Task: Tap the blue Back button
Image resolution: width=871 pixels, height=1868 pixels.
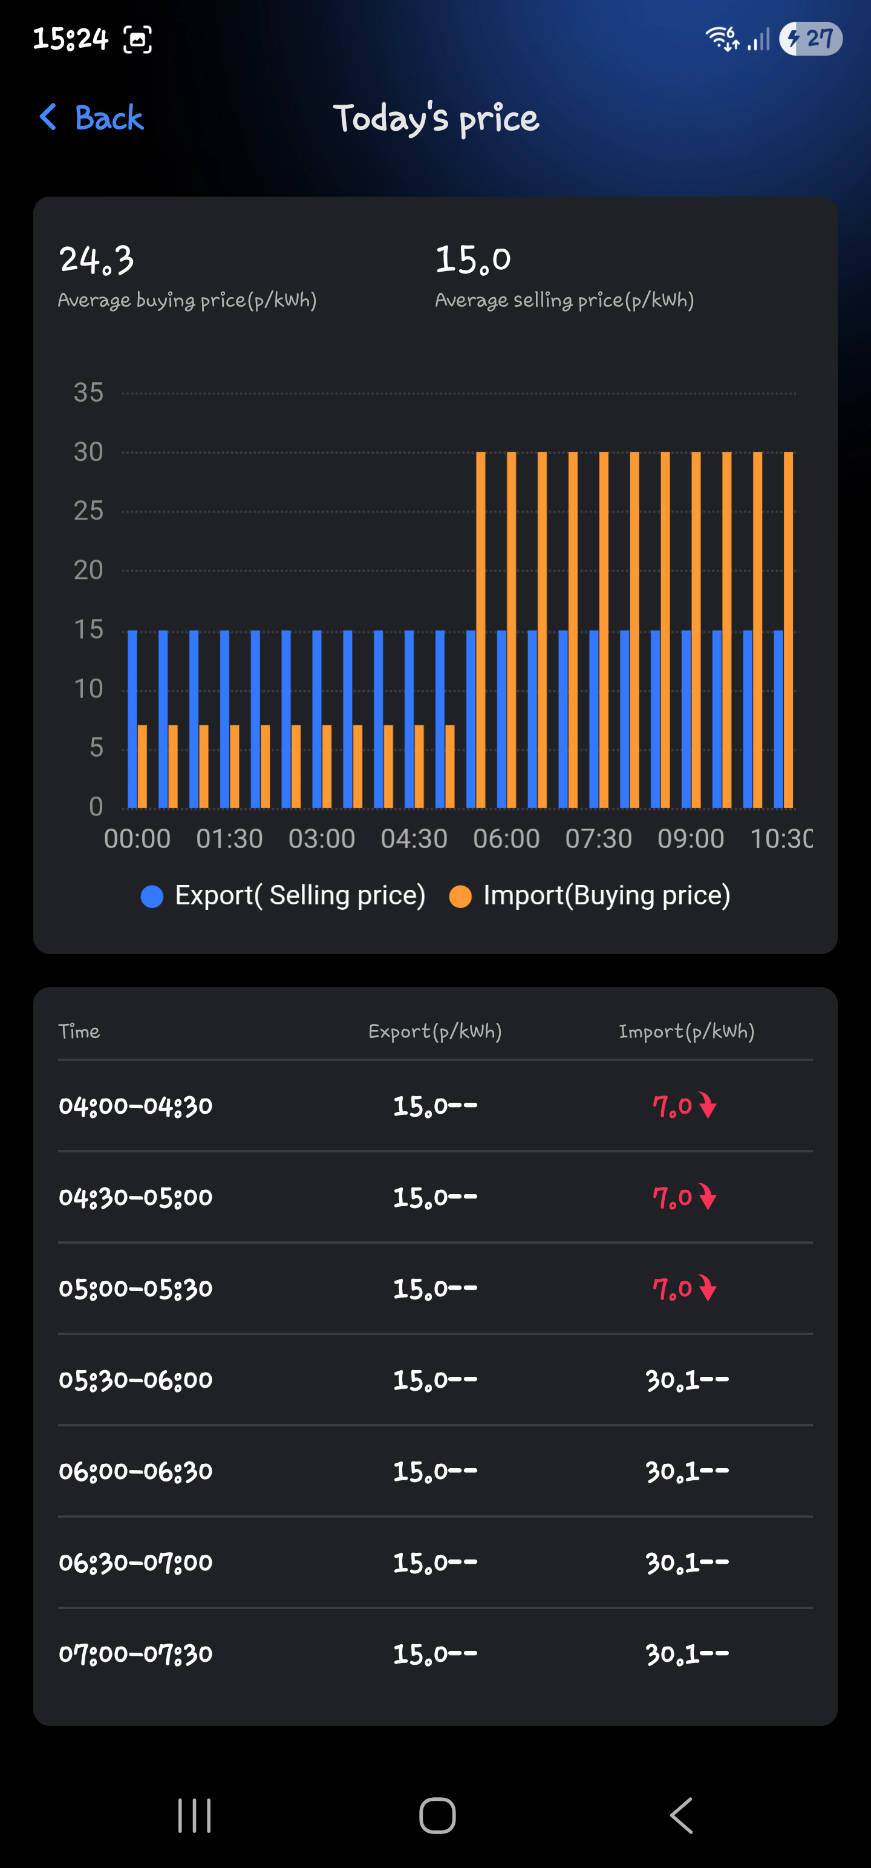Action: pyautogui.click(x=92, y=117)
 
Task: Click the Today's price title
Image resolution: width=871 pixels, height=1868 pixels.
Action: pyautogui.click(x=436, y=118)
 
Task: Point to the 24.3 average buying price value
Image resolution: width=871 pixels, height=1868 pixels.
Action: pyautogui.click(x=96, y=260)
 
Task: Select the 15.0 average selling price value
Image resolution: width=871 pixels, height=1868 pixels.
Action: pyautogui.click(x=473, y=260)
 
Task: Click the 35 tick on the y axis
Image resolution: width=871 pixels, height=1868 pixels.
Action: pyautogui.click(x=88, y=393)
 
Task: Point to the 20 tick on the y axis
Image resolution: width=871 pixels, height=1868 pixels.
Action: pyautogui.click(x=88, y=570)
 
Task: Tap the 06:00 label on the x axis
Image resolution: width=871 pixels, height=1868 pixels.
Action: pyautogui.click(x=506, y=839)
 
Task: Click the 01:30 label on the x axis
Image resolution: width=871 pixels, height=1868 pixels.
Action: pyautogui.click(x=229, y=839)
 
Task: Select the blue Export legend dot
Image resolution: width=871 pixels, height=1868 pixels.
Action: pyautogui.click(x=152, y=896)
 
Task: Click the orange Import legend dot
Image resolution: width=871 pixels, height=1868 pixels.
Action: pyautogui.click(x=460, y=896)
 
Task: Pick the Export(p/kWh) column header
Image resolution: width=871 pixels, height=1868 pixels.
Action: pyautogui.click(x=435, y=1031)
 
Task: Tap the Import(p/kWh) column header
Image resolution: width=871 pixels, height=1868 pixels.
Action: pyautogui.click(x=686, y=1031)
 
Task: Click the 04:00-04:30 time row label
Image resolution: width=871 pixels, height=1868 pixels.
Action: pyautogui.click(x=135, y=1106)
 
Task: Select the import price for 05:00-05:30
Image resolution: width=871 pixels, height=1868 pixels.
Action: pyautogui.click(x=672, y=1288)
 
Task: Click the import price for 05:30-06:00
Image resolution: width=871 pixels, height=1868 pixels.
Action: pyautogui.click(x=687, y=1380)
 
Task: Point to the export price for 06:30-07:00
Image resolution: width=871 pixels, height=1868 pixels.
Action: pyautogui.click(x=435, y=1563)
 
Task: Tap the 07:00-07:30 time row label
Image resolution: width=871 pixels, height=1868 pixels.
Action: pyautogui.click(x=135, y=1654)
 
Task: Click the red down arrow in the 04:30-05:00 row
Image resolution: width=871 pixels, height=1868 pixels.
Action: pyautogui.click(x=708, y=1197)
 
